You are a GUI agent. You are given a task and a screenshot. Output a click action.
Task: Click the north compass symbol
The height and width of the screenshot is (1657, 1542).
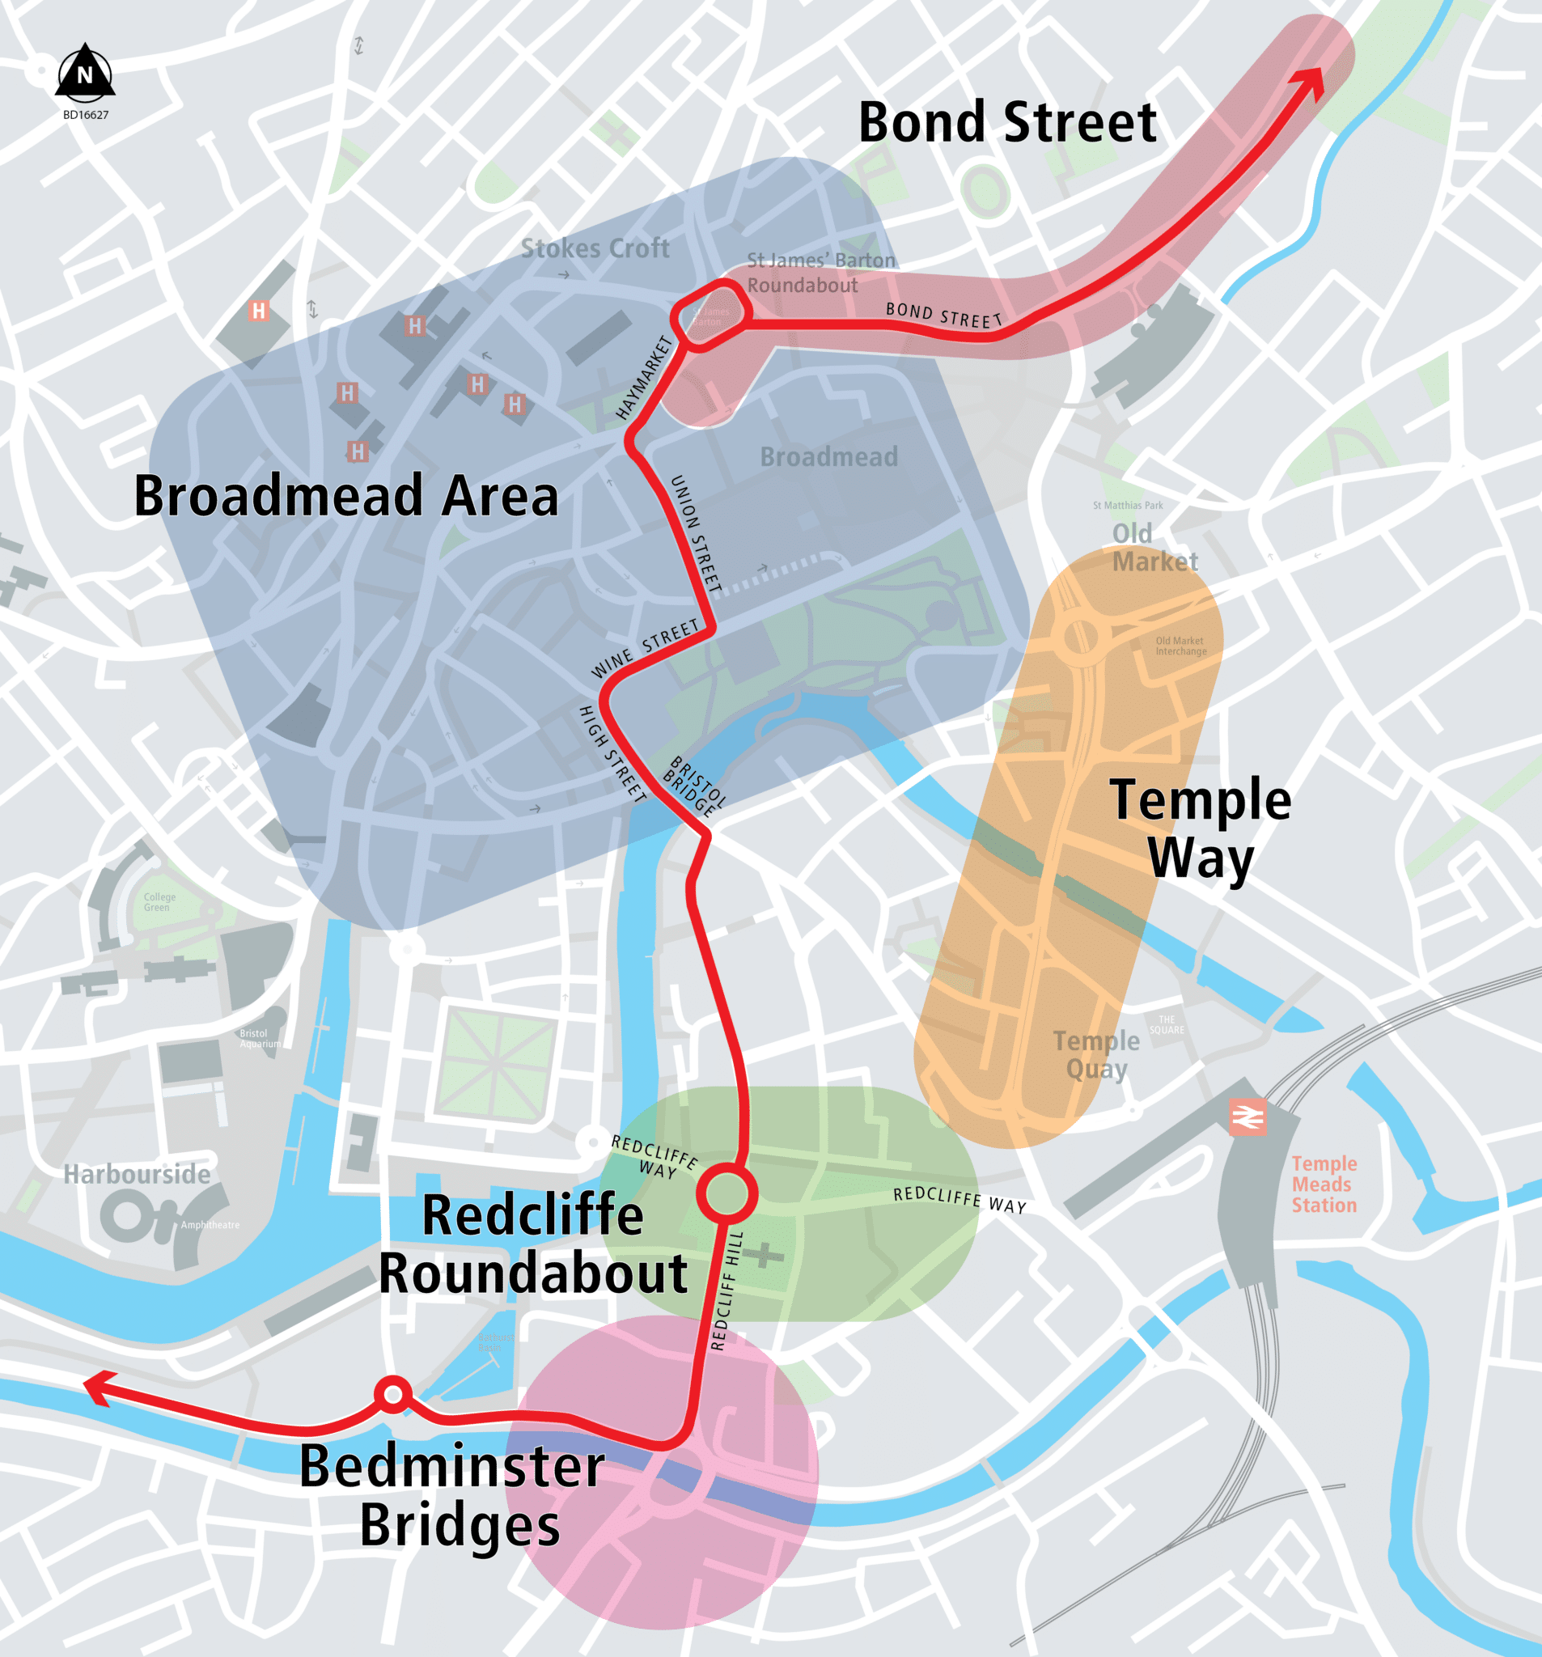85,73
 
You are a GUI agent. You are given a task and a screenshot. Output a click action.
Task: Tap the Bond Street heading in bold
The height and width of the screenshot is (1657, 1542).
1007,123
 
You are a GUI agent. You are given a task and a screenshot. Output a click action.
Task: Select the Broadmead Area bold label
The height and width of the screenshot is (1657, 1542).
345,496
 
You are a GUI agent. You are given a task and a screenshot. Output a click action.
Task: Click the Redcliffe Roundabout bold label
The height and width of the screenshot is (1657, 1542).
532,1244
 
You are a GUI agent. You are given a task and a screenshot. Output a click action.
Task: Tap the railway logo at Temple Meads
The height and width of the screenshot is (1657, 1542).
1248,1116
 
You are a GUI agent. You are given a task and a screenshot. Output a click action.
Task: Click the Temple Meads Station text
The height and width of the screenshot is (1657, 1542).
1324,1184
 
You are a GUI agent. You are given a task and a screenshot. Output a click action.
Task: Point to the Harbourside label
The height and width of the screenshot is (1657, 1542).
138,1175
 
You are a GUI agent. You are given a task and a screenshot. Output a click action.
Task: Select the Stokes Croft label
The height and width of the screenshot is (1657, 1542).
595,248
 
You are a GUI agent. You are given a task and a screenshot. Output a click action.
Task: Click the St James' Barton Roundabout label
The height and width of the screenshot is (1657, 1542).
820,273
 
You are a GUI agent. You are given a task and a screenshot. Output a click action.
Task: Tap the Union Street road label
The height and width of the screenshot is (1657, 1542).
695,533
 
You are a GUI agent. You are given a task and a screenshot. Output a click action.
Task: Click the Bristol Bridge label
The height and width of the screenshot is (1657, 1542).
694,786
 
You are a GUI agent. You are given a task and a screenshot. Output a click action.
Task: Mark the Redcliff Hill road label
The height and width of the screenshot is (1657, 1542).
725,1290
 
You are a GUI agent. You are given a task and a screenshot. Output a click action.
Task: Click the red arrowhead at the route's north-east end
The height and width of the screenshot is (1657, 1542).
1311,83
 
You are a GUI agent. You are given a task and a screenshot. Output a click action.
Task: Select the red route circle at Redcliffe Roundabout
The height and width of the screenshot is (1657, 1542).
727,1193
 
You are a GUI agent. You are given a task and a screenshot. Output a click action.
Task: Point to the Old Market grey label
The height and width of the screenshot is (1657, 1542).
1154,548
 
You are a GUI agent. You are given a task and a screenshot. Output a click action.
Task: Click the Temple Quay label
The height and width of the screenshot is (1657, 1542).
1095,1053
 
